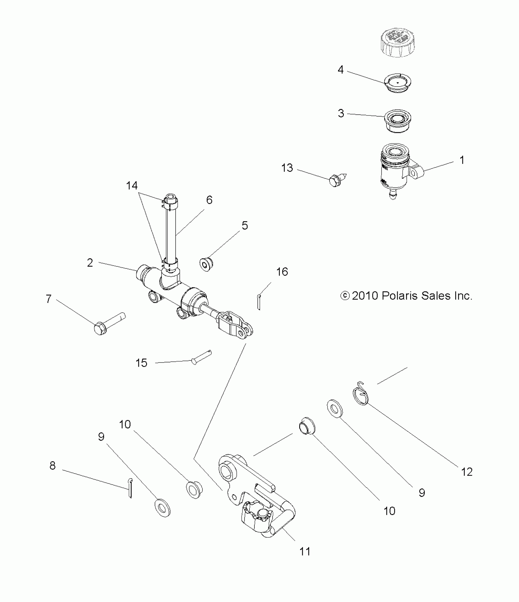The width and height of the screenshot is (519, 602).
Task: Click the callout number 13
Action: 287,168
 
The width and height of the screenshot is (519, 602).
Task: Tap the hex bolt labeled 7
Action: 109,324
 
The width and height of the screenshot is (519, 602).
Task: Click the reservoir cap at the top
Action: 397,42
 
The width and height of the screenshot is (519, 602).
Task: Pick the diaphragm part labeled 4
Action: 397,83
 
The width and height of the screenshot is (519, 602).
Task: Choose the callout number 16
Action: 282,272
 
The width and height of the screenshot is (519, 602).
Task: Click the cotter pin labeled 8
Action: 130,488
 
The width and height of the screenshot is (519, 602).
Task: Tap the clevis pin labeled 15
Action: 201,357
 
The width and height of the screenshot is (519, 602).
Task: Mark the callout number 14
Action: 132,185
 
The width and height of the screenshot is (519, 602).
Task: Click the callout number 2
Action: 90,263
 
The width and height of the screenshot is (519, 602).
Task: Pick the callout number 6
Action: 209,200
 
